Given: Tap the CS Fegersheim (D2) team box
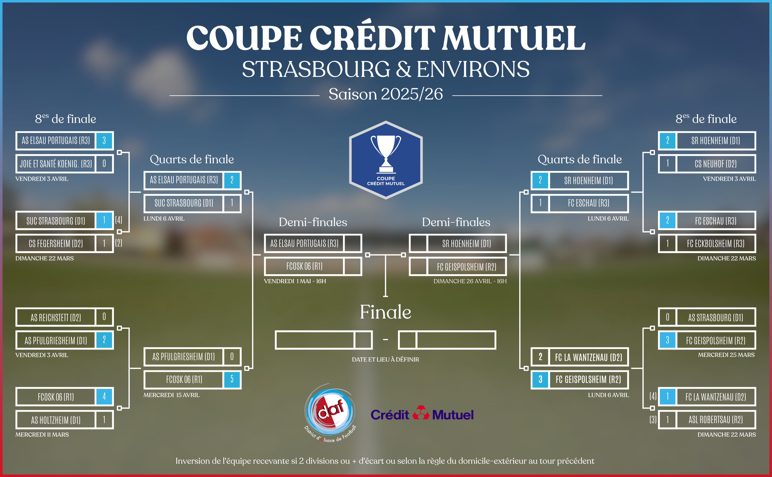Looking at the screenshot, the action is pyautogui.click(x=56, y=243).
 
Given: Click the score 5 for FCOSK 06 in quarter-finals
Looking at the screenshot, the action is pyautogui.click(x=232, y=379).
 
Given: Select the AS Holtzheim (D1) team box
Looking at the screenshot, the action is pyautogui.click(x=56, y=420).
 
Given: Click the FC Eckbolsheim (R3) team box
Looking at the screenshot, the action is pyautogui.click(x=715, y=243).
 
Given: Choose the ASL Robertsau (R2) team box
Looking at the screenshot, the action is pyautogui.click(x=715, y=420).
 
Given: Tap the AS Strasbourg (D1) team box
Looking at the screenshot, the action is pyautogui.click(x=715, y=317).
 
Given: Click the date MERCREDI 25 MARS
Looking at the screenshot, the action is pyautogui.click(x=726, y=355).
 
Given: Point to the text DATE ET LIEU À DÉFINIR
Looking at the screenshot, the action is pyautogui.click(x=385, y=359).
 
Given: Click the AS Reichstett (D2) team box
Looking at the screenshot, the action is pyautogui.click(x=56, y=317).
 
